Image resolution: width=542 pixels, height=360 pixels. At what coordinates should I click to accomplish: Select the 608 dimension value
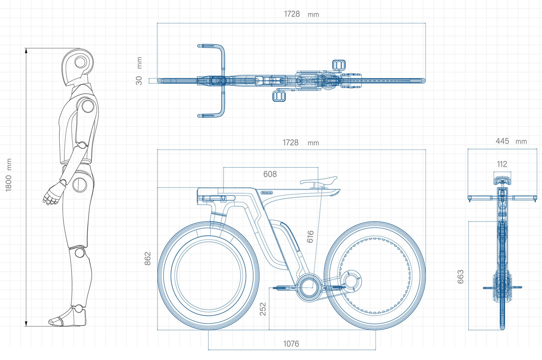[x=270, y=174]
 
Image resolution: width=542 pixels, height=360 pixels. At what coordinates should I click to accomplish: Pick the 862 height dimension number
[x=147, y=258]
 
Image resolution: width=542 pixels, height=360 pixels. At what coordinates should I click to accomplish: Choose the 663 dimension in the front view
[x=461, y=276]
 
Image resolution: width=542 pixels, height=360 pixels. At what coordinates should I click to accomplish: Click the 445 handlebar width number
[x=502, y=141]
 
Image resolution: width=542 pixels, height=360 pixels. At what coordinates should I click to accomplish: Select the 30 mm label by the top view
[x=139, y=80]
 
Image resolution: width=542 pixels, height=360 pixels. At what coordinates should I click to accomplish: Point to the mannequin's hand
[x=52, y=196]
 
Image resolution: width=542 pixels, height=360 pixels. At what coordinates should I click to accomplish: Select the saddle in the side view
[x=318, y=181]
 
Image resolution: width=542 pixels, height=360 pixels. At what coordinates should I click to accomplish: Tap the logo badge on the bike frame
[x=267, y=192]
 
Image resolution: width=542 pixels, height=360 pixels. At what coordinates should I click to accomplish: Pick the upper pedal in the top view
[x=339, y=64]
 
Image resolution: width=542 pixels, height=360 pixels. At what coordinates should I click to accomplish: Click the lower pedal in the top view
[x=279, y=96]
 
